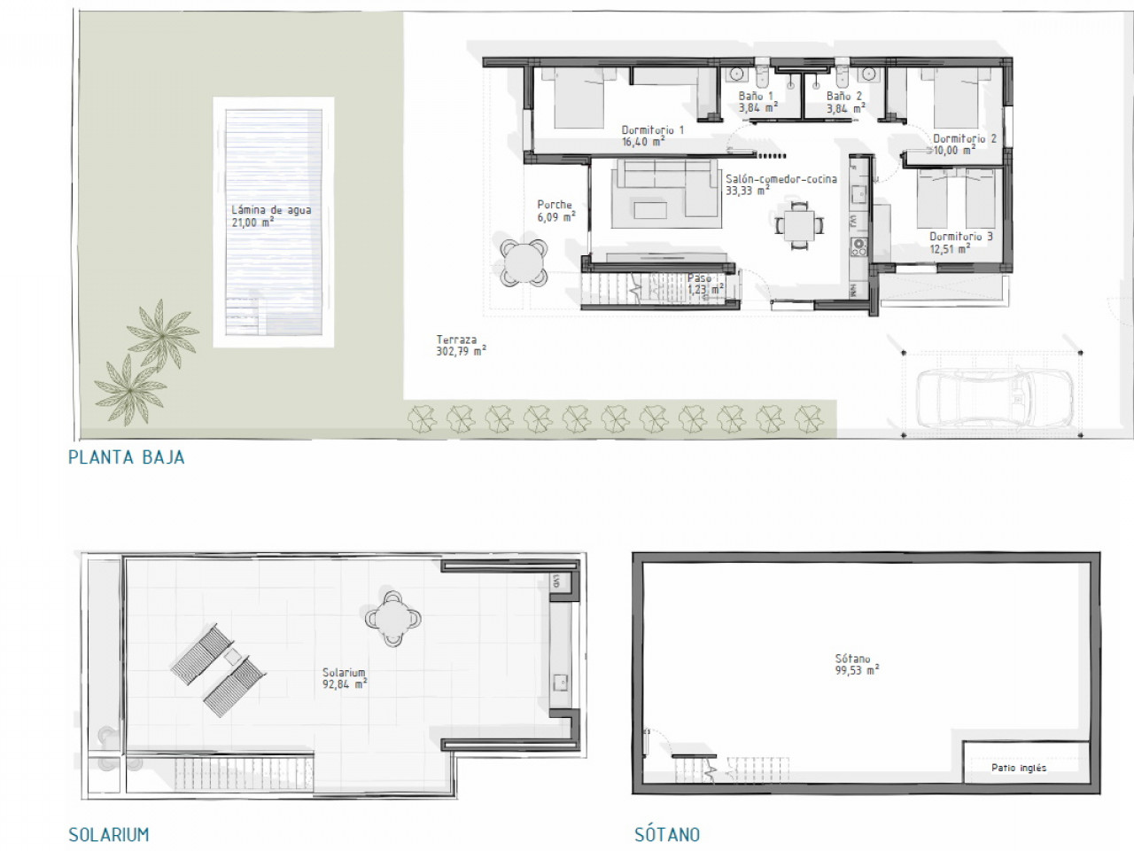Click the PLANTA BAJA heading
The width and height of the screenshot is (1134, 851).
pos(127,457)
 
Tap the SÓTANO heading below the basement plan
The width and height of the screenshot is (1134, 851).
pos(667,834)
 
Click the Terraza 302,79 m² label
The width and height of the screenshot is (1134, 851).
pos(461,345)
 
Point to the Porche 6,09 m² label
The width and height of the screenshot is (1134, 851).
pos(556,211)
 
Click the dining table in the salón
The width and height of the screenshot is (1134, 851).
pos(799,226)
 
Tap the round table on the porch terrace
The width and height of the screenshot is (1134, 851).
pos(524,262)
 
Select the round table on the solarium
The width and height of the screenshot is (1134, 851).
pos(392,619)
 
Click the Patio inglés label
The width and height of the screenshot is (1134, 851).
pos(1019,768)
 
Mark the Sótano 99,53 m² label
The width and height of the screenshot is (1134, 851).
pos(857,665)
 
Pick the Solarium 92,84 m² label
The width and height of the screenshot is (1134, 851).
pos(345,678)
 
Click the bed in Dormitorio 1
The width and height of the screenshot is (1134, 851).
pos(579,98)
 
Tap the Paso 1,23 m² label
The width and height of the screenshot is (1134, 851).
pos(704,285)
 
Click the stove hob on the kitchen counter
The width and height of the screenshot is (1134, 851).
pos(858,247)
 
